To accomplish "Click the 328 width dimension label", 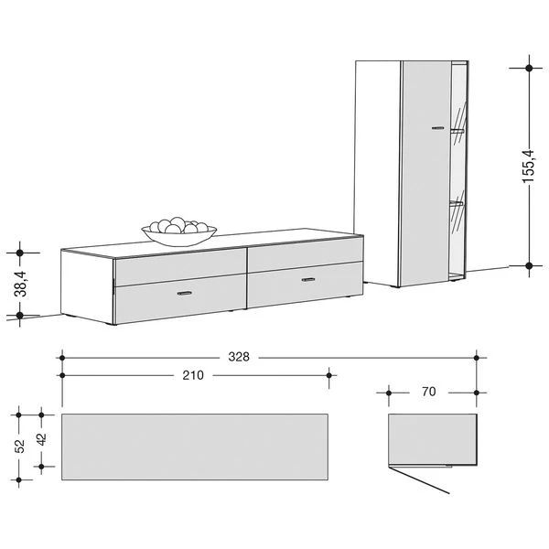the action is tap(239, 357).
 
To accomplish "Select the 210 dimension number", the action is tap(193, 375).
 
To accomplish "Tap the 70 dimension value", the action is tap(428, 392).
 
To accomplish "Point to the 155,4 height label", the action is tap(528, 167).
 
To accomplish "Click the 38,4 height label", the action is tap(20, 284).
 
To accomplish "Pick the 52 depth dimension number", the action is tap(19, 447).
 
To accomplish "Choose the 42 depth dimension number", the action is tap(42, 439).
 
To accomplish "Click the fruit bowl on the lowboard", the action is tap(179, 231).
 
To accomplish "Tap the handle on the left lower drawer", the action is tap(185, 293).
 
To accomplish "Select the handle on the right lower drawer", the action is tap(308, 279).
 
